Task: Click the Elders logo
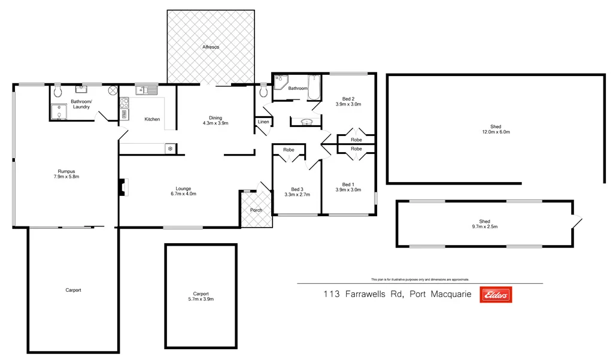[x=496, y=294]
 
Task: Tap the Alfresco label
[x=210, y=46]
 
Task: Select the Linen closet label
[x=263, y=122]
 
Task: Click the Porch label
[x=256, y=210]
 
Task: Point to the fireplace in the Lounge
[x=122, y=187]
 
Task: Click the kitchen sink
[x=147, y=90]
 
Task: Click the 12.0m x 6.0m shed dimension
[x=496, y=132]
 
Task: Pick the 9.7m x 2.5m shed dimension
[x=485, y=226]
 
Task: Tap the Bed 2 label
[x=348, y=98]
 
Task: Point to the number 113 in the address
[x=332, y=294]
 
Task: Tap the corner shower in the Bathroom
[x=280, y=83]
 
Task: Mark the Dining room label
[x=216, y=117]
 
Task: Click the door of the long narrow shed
[x=576, y=222]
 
